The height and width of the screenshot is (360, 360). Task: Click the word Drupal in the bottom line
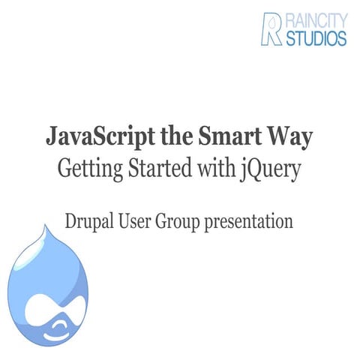click(x=92, y=222)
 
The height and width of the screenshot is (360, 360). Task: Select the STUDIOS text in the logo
click(x=315, y=37)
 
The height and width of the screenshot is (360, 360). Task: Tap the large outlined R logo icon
click(x=272, y=28)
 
